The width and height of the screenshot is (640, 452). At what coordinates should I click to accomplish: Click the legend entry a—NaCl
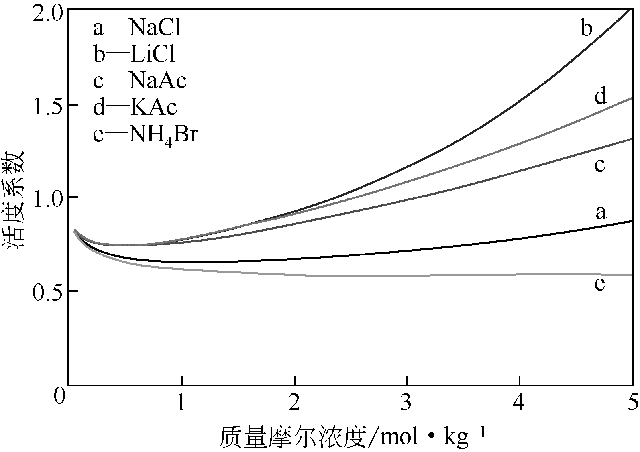137,29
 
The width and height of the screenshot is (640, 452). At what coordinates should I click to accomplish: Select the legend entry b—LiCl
134,55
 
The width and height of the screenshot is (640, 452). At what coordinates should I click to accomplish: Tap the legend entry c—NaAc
139,81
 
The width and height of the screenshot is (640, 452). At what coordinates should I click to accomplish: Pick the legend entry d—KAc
135,107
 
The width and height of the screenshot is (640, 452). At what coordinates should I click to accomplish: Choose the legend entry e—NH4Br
145,135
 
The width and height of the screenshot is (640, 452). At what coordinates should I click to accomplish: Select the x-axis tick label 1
181,403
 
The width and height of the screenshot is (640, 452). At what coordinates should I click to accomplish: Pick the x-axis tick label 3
406,403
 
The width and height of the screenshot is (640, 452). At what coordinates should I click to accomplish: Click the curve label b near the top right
586,28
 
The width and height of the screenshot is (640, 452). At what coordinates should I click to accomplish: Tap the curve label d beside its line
600,96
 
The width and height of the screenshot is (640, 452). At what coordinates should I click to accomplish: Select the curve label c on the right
599,165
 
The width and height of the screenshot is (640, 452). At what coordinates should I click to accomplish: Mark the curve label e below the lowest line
599,285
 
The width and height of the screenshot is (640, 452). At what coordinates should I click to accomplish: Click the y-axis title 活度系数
16,200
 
